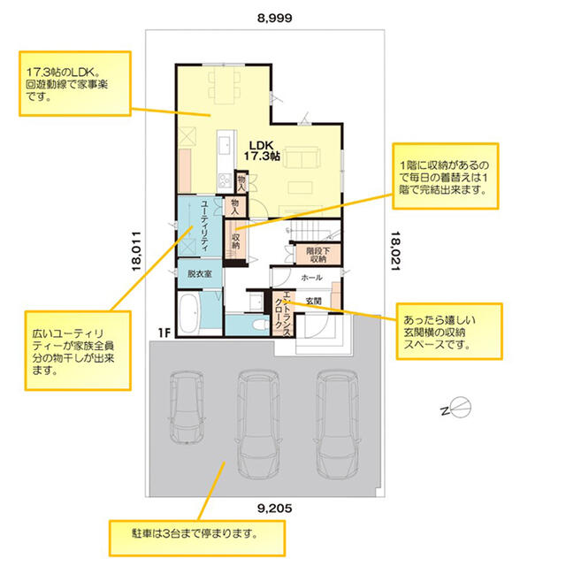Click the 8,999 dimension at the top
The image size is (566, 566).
[275, 18]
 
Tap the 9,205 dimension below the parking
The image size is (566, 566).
[275, 509]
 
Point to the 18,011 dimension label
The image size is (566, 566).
[136, 251]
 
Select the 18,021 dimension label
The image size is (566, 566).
[395, 251]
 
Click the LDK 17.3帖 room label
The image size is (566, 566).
[262, 150]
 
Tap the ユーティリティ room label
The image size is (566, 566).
[204, 226]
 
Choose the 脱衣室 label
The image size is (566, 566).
[199, 274]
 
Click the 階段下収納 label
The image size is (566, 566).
[318, 255]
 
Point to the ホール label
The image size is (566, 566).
[311, 278]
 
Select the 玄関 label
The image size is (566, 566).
[313, 301]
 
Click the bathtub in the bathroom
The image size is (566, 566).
[188, 312]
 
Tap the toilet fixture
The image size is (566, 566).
[260, 325]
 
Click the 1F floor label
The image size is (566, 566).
[164, 333]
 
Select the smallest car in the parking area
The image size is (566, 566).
[187, 407]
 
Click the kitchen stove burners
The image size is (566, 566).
[226, 180]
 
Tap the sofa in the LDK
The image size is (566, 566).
[302, 157]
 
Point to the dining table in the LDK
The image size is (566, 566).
[224, 86]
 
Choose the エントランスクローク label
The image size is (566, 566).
[283, 314]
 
